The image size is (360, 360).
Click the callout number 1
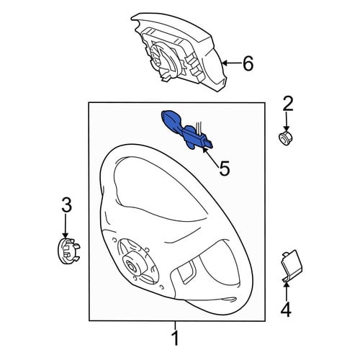pos(176,338)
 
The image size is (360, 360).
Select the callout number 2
pos(288,104)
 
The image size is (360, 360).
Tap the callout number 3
pos(67,204)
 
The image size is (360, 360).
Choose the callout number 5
pos(225,168)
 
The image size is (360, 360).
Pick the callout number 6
pos(248,63)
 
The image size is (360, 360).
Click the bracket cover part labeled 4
pos(292,266)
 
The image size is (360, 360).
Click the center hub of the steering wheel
pos(132,266)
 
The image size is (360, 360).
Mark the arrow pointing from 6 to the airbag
pos(232,63)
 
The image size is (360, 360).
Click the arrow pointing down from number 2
pos(286,121)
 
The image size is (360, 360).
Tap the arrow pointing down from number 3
pos(65,225)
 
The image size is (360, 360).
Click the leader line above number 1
pos(176,325)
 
